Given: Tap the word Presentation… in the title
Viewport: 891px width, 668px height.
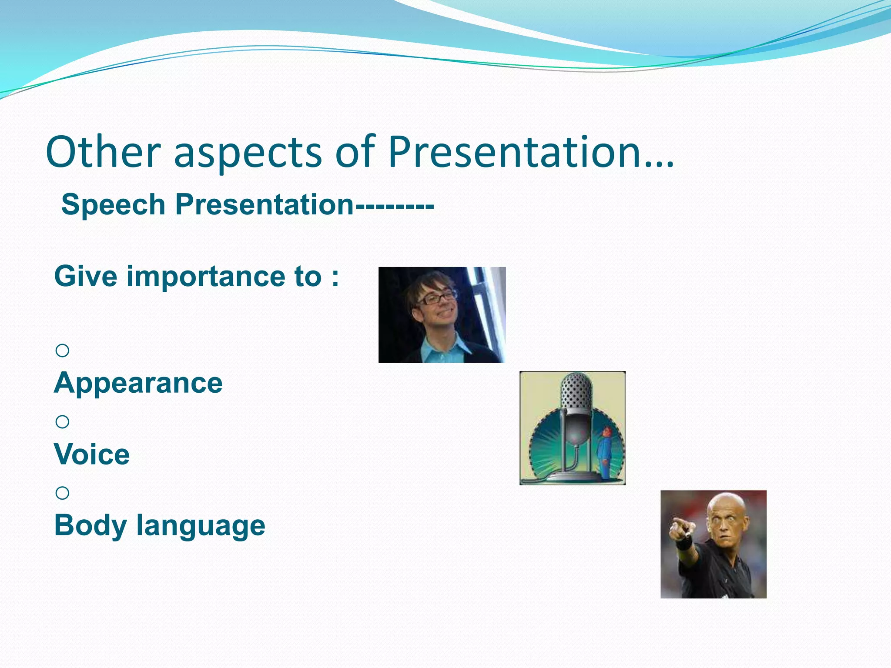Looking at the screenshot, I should point(530,152).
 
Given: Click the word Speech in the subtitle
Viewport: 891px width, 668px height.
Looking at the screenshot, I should point(113,204).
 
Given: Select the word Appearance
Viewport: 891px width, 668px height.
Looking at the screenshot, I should point(138,383).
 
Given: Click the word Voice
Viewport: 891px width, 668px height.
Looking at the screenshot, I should point(92,454).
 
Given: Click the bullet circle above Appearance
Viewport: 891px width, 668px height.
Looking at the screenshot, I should point(62,350).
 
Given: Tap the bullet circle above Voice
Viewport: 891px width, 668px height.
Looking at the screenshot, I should point(62,421).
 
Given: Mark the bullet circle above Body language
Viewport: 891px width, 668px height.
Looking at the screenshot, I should point(62,493).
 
